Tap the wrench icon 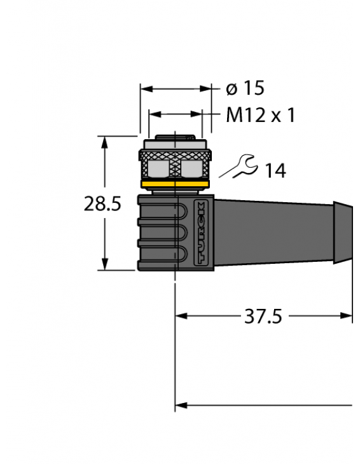pyautogui.click(x=237, y=168)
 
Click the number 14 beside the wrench pyautogui.click(x=275, y=170)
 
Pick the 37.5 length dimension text pyautogui.click(x=263, y=316)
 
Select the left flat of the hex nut pyautogui.click(x=158, y=168)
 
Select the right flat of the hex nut pyautogui.click(x=192, y=168)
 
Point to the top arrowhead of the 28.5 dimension pyautogui.click(x=106, y=142)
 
